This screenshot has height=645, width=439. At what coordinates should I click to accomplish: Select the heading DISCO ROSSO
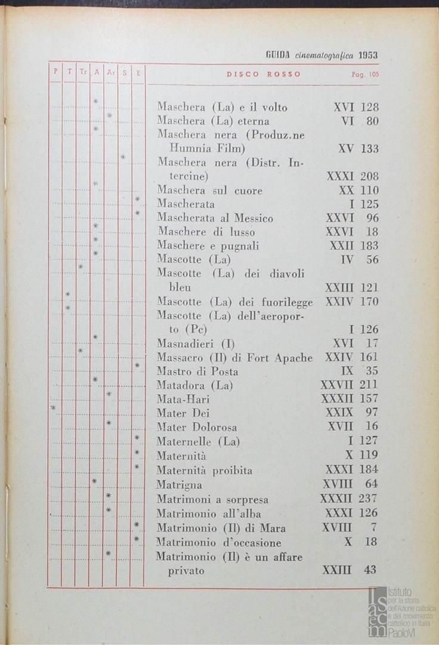pos(264,75)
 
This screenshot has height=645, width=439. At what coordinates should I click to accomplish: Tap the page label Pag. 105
pos(365,75)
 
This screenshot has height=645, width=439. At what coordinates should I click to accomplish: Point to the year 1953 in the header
pos(368,55)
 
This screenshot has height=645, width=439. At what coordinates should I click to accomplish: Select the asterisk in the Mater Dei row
pos(53,408)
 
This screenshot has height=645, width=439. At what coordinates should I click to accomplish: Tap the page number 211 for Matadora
pos(369,385)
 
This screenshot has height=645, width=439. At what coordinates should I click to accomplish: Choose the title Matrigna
pos(179,484)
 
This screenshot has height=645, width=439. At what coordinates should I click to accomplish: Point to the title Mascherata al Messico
pos(215,219)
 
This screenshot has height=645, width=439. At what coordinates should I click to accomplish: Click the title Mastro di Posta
pos(197,371)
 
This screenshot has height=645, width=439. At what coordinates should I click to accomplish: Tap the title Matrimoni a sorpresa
pos(212,499)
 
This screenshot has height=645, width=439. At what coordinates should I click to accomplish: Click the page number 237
pos(369,499)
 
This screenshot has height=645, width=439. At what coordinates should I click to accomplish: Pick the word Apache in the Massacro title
pos(293,358)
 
